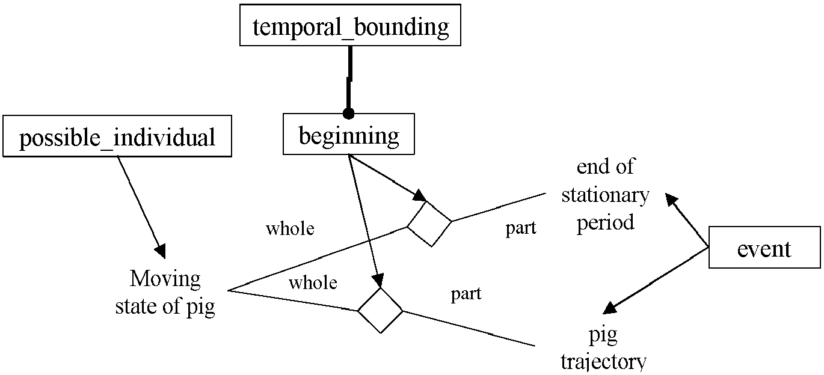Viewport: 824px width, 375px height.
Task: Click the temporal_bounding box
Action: tap(350, 25)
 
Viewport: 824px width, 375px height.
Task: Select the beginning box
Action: tap(349, 134)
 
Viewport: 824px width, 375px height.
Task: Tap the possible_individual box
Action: tap(117, 136)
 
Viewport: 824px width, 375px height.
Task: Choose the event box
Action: tap(764, 248)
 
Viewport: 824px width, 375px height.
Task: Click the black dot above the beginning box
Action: tap(348, 114)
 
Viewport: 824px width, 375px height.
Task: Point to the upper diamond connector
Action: tap(429, 224)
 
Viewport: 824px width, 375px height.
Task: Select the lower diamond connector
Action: tap(380, 311)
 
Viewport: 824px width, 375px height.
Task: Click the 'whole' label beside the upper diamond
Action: tap(291, 229)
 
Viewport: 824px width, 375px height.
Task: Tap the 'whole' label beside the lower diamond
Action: tap(313, 282)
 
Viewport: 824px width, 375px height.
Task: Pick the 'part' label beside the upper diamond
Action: tap(521, 228)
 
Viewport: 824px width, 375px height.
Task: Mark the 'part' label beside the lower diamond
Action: tap(467, 294)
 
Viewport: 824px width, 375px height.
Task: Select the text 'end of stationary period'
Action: tap(606, 195)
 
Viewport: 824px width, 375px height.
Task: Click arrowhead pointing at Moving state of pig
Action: tap(161, 251)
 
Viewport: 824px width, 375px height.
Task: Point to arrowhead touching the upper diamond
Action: tap(420, 196)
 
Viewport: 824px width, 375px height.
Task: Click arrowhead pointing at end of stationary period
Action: tap(671, 200)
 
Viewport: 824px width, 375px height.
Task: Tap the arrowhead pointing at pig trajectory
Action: tap(609, 308)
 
